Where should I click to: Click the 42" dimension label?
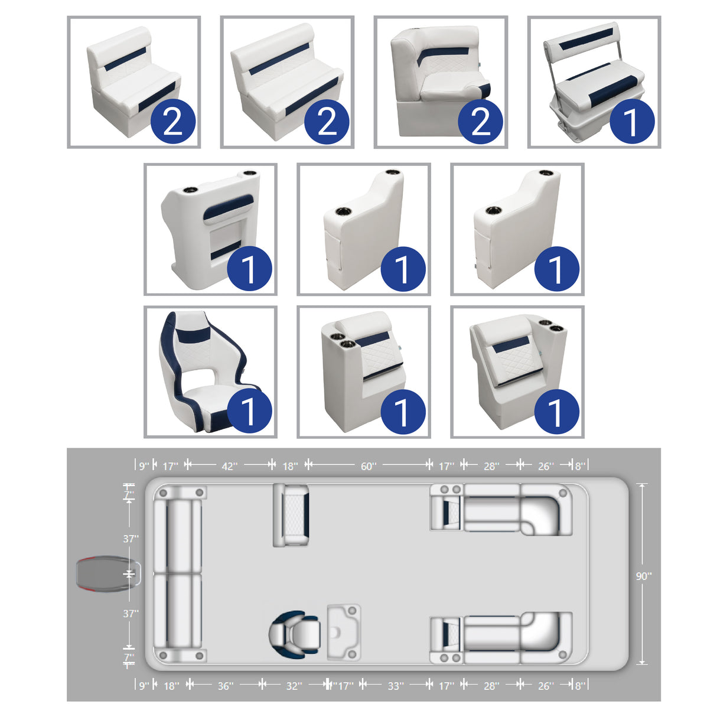(x=229, y=466)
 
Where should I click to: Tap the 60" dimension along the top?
(x=368, y=466)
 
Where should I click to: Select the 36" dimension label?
(x=225, y=686)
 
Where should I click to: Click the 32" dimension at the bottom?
(x=294, y=686)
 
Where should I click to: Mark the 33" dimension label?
(x=396, y=686)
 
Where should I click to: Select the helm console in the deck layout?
(x=344, y=632)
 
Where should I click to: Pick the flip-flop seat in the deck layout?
(x=291, y=515)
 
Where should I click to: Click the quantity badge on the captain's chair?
(x=249, y=412)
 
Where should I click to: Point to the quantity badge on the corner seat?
(x=481, y=122)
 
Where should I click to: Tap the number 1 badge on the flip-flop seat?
(x=632, y=122)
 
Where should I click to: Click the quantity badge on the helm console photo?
(x=249, y=269)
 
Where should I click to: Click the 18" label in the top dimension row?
(x=290, y=466)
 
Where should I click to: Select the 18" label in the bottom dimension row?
(x=171, y=686)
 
